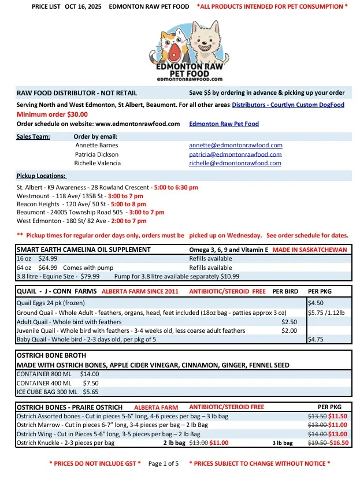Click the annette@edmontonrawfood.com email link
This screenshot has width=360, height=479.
tap(235, 146)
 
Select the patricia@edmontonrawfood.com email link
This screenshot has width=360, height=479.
tap(235, 155)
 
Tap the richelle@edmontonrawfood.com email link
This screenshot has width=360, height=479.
tap(235, 164)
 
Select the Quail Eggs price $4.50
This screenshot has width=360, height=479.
tap(316, 302)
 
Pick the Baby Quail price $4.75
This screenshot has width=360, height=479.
tap(316, 340)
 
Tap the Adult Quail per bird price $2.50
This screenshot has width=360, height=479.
tap(289, 321)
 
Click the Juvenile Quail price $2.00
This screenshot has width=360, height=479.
tap(289, 331)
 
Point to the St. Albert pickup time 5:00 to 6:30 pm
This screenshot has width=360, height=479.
tap(176, 188)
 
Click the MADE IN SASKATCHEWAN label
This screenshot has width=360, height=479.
tap(310, 250)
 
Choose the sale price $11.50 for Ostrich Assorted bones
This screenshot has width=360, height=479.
tap(337, 415)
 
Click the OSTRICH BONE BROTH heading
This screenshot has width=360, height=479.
tap(51, 355)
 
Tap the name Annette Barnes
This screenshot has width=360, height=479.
tap(97, 146)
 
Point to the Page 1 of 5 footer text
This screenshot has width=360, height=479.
tap(164, 463)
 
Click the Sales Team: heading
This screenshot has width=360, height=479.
tap(34, 137)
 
